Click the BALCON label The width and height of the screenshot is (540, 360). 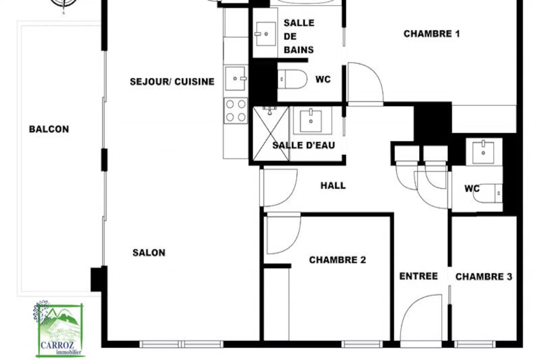pos(49,129)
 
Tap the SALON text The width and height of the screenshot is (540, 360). pos(149,253)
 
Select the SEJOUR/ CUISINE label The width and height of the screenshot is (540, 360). pos(172,81)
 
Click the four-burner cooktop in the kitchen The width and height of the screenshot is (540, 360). pos(236,111)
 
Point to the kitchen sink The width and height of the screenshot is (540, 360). pos(235,78)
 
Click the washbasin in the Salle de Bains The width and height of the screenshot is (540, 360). pos(265,34)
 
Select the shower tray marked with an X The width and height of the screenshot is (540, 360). pos(270,134)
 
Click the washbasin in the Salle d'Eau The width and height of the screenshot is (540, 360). pos(311,120)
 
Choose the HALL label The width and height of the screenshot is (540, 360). pos(333,185)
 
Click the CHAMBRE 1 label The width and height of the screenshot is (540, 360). pos(431,34)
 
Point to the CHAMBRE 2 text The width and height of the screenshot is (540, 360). pos(337,260)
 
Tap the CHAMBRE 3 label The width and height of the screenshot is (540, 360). pos(484,277)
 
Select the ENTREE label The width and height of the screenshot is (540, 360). pos(418,276)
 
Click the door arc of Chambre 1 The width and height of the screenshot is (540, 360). pos(366,82)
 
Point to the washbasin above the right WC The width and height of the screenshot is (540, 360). pos(483,152)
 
